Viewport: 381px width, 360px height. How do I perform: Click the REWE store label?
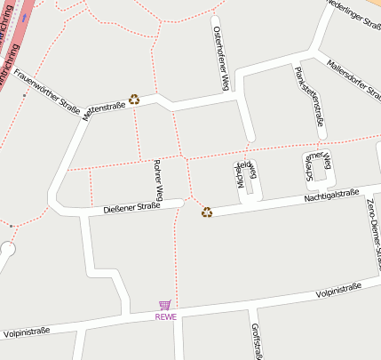166,316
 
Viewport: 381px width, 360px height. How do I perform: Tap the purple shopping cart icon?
165,305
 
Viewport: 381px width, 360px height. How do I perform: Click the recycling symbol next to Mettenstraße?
134,100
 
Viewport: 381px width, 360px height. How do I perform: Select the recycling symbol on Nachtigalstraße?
207,212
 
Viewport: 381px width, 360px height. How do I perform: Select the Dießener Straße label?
131,207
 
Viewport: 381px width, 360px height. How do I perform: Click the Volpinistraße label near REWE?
342,291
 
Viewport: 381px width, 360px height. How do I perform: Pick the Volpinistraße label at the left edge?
26,332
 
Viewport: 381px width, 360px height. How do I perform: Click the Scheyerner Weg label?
316,168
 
